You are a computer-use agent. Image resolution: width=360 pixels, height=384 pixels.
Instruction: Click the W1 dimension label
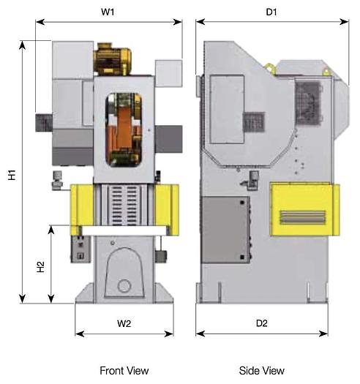[x=108, y=12]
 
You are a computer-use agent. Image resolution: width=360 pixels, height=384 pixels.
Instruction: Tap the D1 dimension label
[x=271, y=12]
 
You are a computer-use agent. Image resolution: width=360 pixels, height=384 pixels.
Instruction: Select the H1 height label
[x=12, y=176]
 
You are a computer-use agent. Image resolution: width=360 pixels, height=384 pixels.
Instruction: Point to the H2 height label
[x=41, y=268]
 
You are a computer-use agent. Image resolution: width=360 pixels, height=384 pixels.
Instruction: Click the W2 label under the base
[x=124, y=323]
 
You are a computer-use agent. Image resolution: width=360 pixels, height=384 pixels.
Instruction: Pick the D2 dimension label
[x=261, y=323]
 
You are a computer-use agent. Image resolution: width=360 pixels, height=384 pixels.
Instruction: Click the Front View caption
[x=124, y=371]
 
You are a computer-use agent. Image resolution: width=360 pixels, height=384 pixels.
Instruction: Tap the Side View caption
[x=261, y=371]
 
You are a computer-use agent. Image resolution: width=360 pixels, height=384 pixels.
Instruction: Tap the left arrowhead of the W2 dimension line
[x=78, y=334]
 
